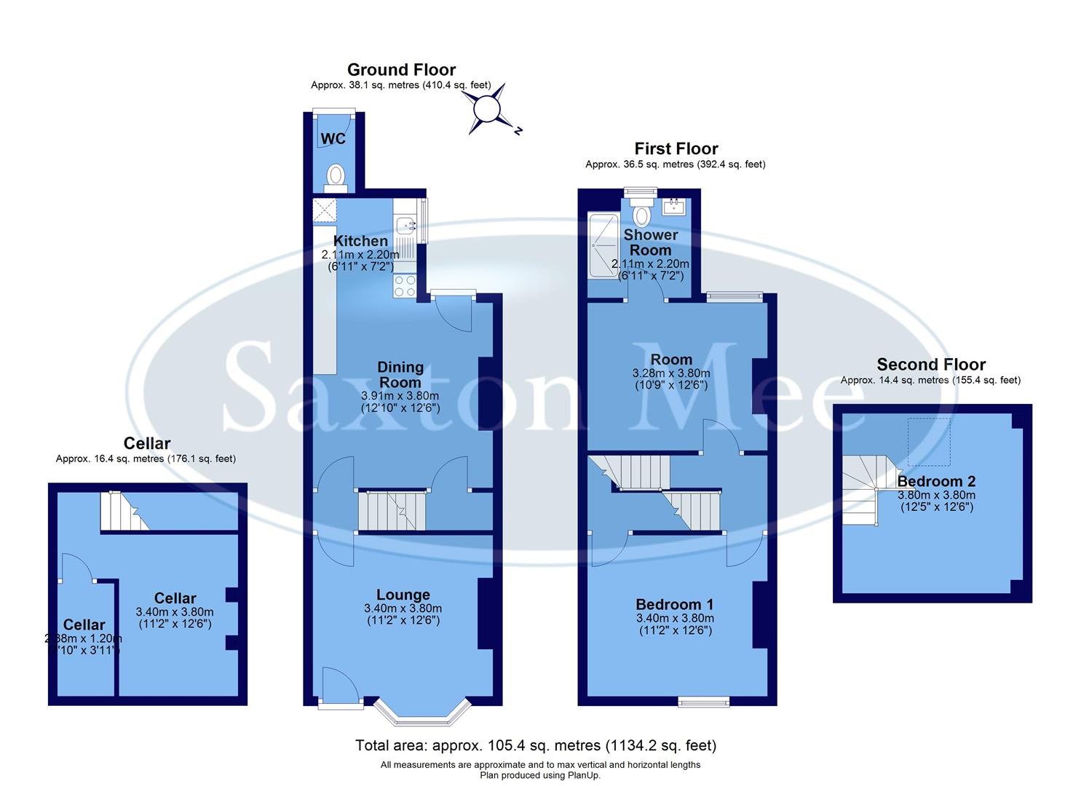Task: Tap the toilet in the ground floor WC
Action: pos(335,176)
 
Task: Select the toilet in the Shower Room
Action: pos(642,215)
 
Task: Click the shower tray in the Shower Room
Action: pos(602,246)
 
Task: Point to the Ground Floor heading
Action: pos(401,70)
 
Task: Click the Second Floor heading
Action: pos(931,365)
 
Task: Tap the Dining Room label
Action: pos(400,375)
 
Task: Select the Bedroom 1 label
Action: pos(674,604)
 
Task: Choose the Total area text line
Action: pos(536,745)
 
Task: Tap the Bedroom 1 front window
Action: pos(703,702)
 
